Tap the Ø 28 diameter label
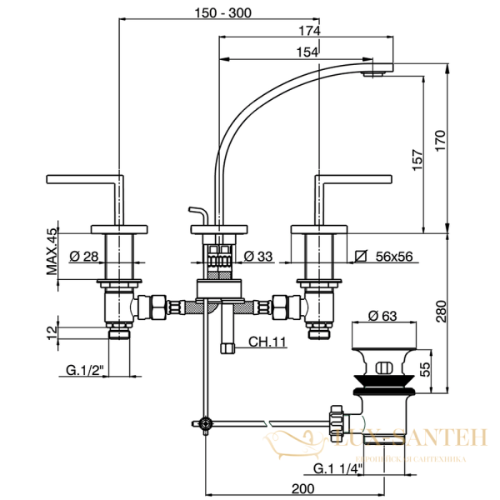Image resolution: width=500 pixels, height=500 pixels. (84, 256)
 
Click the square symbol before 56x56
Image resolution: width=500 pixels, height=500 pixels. (360, 256)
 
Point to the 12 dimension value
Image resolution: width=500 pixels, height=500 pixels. (52, 331)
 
